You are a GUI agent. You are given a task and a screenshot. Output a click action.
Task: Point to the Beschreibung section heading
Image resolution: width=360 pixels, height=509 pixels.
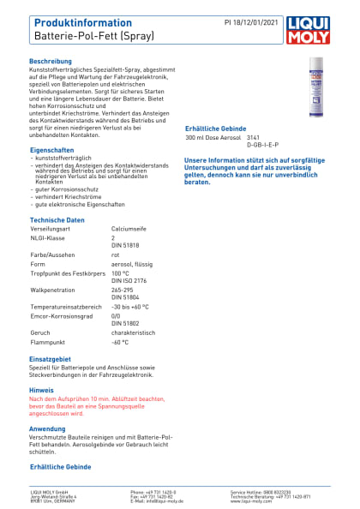pos(51,63)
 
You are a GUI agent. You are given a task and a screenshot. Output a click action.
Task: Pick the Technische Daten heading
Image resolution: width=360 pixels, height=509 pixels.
pos(57,220)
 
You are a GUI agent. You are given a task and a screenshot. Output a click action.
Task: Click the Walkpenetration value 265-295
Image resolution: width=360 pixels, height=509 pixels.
pos(123,290)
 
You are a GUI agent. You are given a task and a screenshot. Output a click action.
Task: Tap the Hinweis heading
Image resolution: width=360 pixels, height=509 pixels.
pos(41,389)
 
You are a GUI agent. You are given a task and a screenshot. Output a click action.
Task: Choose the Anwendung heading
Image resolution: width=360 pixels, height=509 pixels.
pos(47,428)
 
